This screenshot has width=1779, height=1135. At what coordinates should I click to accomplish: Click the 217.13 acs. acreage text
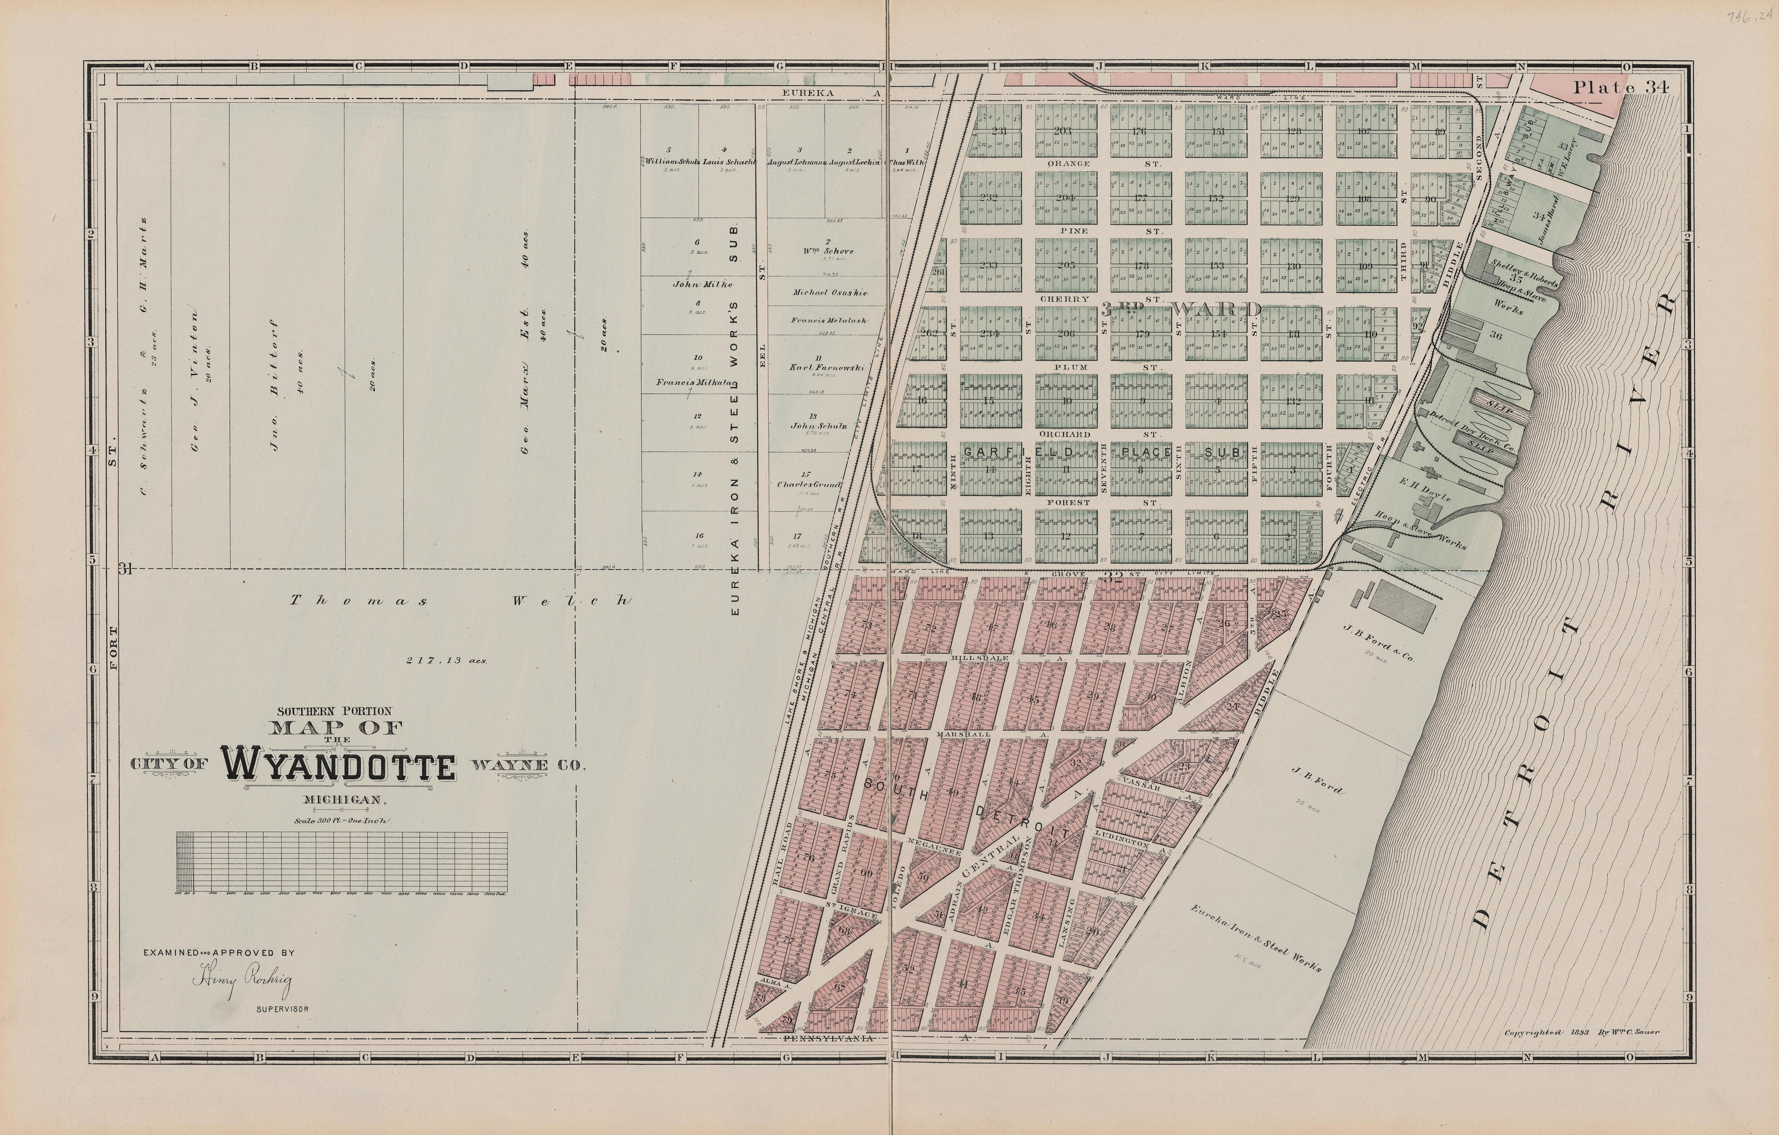click(x=446, y=661)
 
